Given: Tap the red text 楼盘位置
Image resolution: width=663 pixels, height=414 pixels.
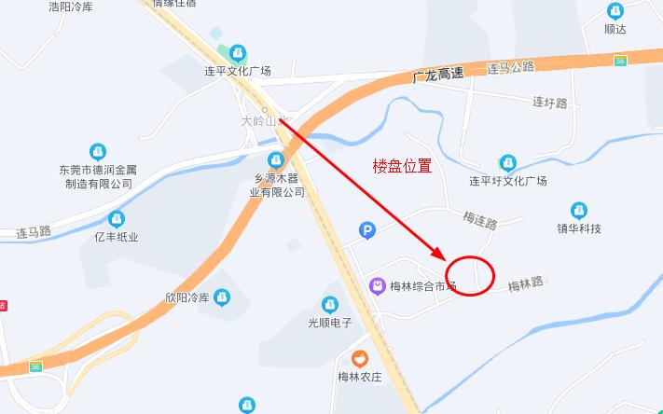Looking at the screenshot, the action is (x=402, y=166).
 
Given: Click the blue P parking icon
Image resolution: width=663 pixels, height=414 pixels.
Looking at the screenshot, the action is (x=367, y=230).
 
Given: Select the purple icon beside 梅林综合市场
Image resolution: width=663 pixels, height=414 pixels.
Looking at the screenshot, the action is (x=378, y=285).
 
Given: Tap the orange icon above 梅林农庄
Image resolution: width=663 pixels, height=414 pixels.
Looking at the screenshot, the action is (x=359, y=358).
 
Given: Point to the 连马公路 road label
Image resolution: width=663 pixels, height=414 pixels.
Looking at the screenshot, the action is (x=511, y=67).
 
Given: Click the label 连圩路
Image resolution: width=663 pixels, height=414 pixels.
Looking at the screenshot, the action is (x=549, y=103).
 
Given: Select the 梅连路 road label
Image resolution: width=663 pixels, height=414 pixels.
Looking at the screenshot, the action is (x=480, y=221).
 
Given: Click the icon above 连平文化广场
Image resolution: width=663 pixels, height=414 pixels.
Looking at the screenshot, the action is (x=239, y=52).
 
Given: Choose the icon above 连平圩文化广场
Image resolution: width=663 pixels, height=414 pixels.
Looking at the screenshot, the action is (x=507, y=163).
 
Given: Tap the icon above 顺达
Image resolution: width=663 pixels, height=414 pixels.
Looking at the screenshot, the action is (x=615, y=11).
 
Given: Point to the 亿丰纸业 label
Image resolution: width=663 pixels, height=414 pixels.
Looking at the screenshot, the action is (x=116, y=237).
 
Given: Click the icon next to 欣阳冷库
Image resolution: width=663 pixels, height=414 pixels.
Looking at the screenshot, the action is (x=222, y=297).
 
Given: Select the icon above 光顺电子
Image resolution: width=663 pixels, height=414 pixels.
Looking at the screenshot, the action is (x=329, y=305).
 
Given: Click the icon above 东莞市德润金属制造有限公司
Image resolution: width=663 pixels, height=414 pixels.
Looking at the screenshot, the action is (x=97, y=151).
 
